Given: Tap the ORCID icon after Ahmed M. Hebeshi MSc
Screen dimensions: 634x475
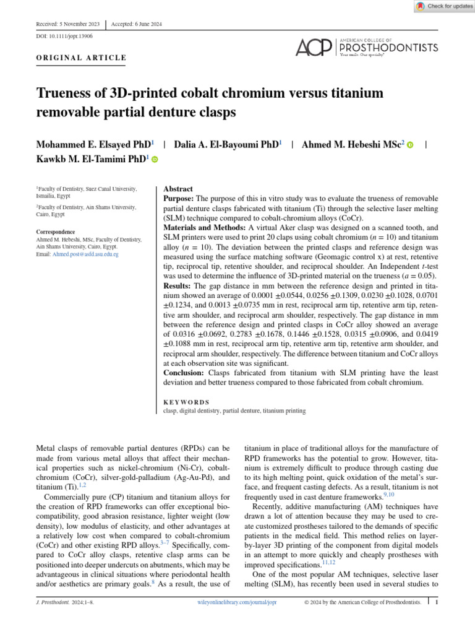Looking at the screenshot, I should tap(410, 144).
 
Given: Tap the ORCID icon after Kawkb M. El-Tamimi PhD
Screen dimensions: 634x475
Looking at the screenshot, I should tap(155, 160).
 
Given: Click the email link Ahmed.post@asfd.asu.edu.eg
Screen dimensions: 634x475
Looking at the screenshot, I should tap(85, 254).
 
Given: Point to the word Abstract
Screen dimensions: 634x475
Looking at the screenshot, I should tap(178, 189).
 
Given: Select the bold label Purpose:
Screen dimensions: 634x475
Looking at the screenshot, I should tap(179, 198).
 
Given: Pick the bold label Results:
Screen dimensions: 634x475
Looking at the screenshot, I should tap(178, 286).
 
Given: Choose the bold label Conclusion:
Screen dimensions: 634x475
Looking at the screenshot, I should tap(184, 373).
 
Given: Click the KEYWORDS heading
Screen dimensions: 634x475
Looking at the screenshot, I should tap(186, 401).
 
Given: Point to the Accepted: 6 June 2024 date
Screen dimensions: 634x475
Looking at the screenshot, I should tap(137, 24).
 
